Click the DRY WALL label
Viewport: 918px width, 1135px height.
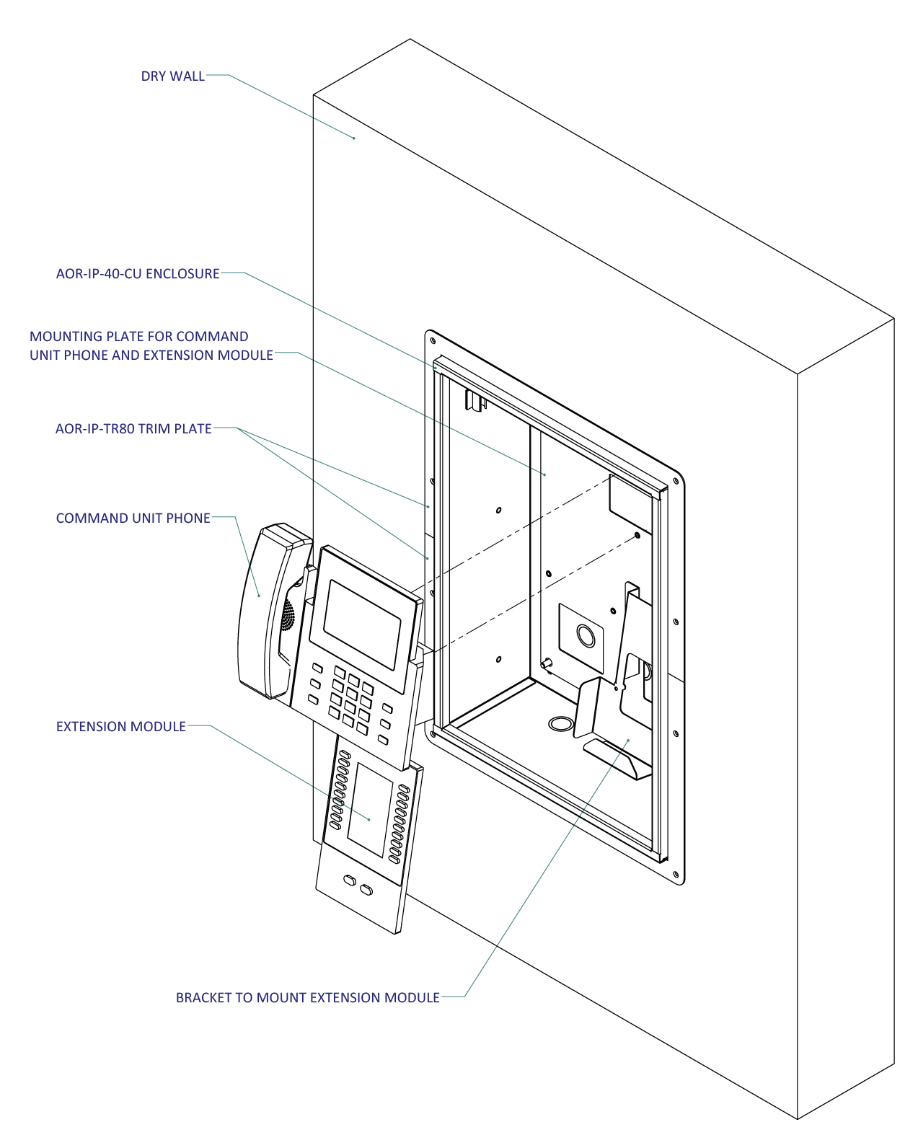(172, 76)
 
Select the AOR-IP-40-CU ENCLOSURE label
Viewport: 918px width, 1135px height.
(138, 274)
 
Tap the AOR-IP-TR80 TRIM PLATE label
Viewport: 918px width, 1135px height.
(133, 429)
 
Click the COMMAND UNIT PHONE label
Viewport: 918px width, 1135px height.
(133, 518)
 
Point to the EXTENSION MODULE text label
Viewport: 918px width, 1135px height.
(121, 727)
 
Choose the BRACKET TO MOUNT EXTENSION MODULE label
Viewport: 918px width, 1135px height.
(307, 998)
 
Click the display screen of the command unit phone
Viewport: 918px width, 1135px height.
(361, 624)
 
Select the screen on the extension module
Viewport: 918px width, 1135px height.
(369, 809)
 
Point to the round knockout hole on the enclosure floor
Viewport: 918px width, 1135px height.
(558, 723)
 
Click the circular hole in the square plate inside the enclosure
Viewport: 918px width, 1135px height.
(586, 635)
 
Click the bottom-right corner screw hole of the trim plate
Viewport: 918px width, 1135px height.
(676, 874)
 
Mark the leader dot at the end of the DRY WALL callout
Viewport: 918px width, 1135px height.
(354, 138)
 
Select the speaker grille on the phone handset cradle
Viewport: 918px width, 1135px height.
(288, 617)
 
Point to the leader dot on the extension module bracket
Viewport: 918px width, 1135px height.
(628, 740)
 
